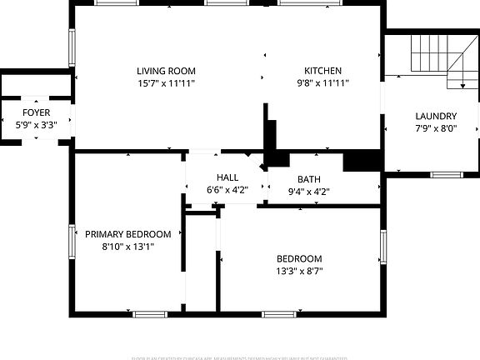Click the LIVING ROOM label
point(167,71)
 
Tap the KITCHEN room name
point(322,71)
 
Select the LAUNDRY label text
point(436,116)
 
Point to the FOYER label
point(36,112)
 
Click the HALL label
point(227,177)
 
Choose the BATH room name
point(309,179)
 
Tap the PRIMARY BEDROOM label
point(128,234)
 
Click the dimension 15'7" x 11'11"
point(167,83)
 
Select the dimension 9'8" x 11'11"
point(322,83)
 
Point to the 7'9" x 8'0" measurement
point(436,128)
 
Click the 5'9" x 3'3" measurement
point(36,124)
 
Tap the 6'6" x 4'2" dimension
point(227,190)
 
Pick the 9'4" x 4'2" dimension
point(309,192)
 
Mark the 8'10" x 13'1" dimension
point(128,247)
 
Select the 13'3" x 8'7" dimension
point(299,271)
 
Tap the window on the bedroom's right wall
point(383,247)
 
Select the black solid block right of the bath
point(362,160)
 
